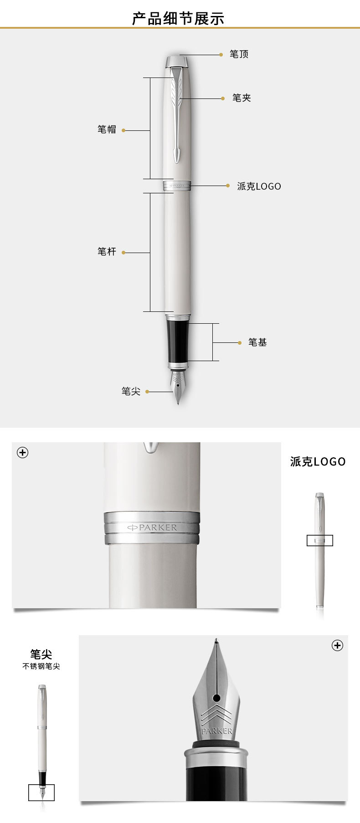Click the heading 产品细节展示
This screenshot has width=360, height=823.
(x=178, y=19)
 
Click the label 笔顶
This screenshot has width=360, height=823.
(x=239, y=54)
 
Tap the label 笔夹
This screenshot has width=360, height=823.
(x=242, y=98)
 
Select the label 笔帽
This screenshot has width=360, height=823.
(x=107, y=129)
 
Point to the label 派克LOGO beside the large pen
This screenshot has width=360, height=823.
(x=259, y=186)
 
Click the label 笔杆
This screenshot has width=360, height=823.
(x=107, y=252)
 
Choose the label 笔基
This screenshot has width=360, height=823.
(x=257, y=342)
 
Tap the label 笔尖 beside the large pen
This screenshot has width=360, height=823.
(x=131, y=391)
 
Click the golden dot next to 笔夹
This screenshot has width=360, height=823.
(x=223, y=98)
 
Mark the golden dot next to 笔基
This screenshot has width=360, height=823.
(x=240, y=342)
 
